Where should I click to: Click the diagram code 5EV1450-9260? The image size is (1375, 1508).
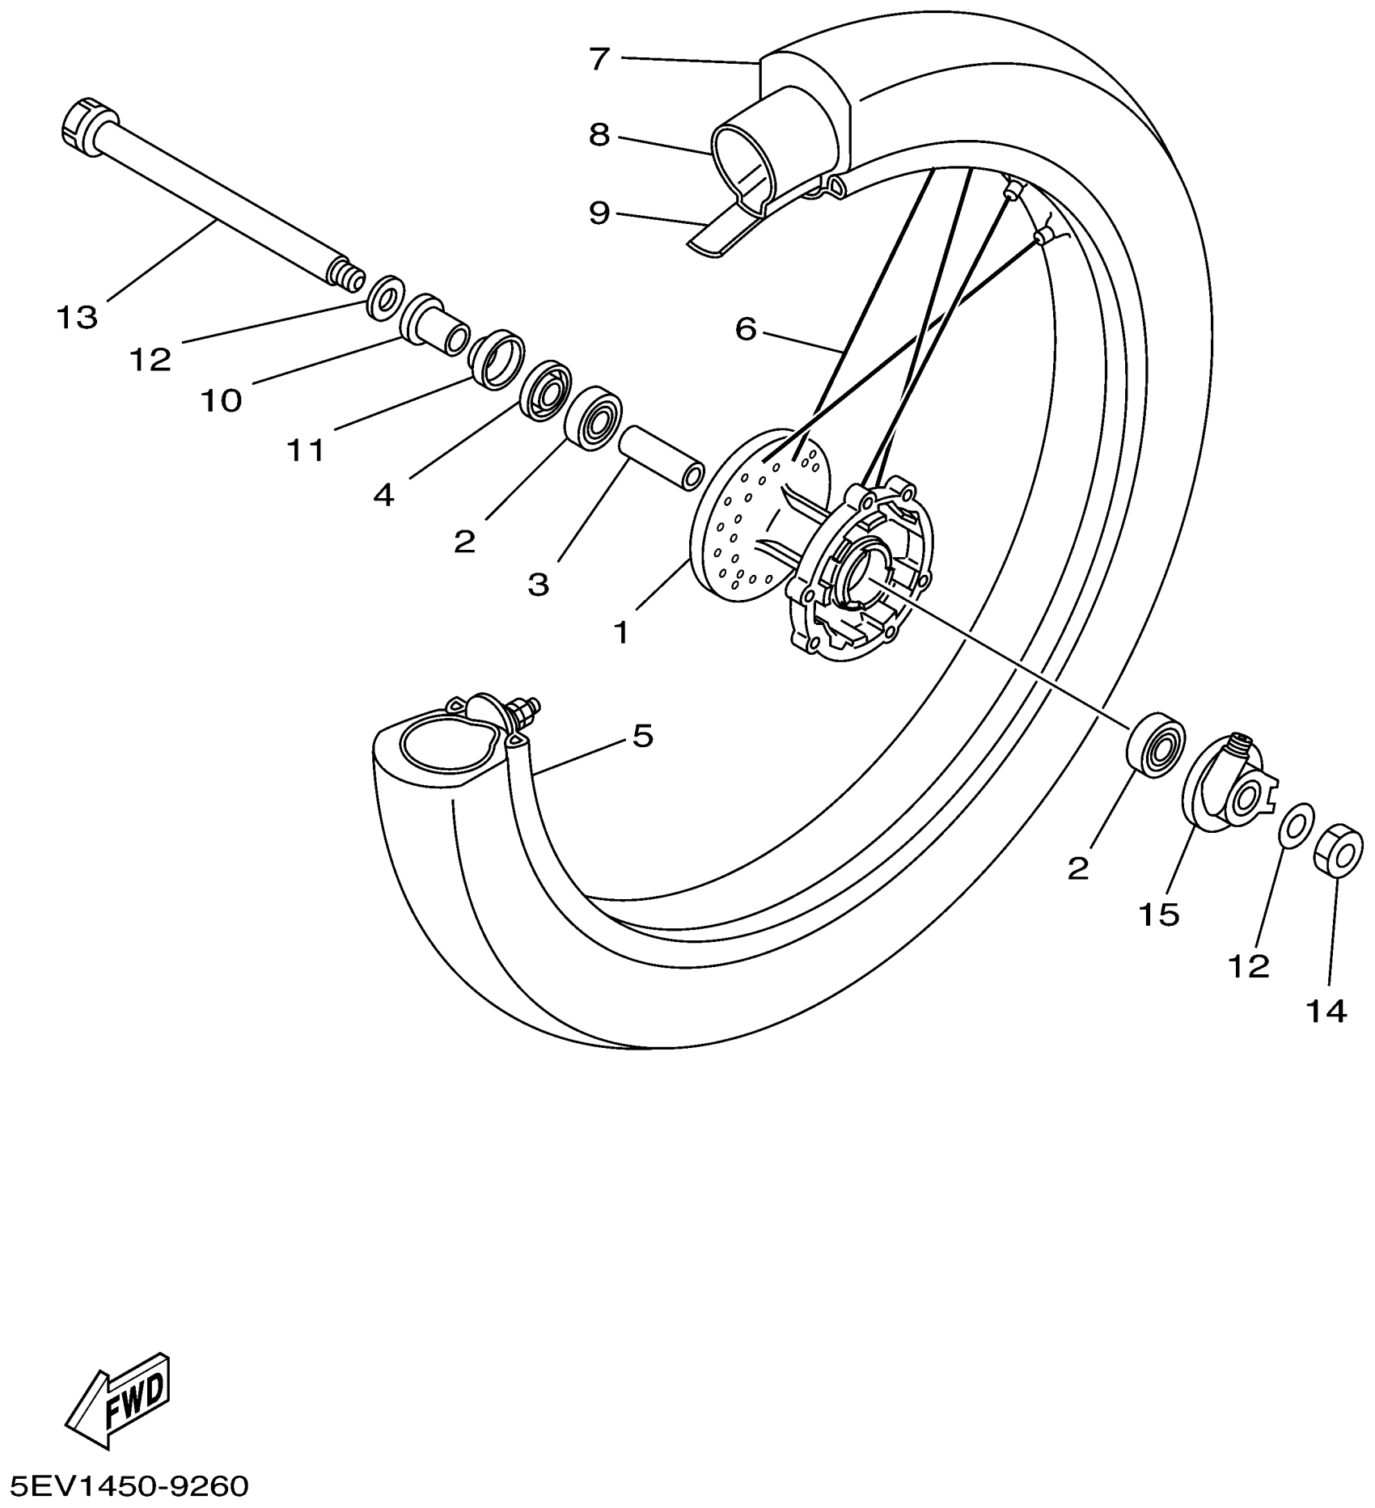[125, 1486]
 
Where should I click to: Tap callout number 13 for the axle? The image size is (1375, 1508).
[77, 318]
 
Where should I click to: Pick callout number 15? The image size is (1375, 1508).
[1159, 915]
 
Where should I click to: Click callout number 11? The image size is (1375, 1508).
[307, 450]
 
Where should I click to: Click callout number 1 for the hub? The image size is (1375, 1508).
[620, 632]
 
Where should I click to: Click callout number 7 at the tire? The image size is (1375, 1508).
[599, 59]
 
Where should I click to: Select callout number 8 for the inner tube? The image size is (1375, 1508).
[599, 135]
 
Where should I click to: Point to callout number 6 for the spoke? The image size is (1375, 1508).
[745, 329]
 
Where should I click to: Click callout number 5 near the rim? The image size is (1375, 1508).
[641, 736]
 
